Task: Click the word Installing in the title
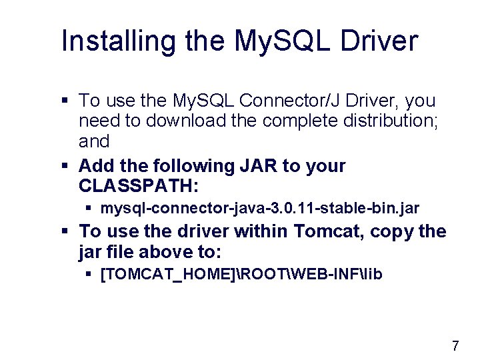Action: coord(105,41)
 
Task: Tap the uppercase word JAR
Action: coord(255,166)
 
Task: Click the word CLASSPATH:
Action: coord(139,185)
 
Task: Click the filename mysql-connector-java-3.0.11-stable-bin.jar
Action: coord(259,209)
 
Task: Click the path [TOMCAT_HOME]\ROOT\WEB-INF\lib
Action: coord(241,274)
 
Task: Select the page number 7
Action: coord(455,346)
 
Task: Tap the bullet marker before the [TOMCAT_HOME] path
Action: coord(90,275)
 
